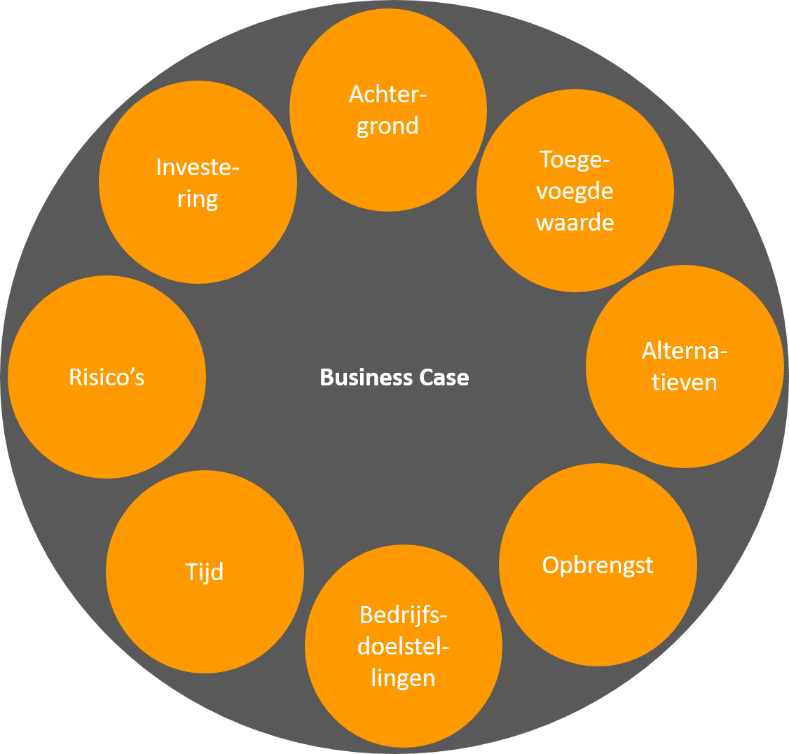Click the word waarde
pyautogui.click(x=575, y=223)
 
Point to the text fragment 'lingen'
pyautogui.click(x=403, y=678)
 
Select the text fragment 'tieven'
pyautogui.click(x=685, y=383)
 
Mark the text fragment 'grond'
pyautogui.click(x=387, y=127)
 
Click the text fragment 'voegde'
pyautogui.click(x=575, y=191)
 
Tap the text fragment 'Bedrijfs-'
pyautogui.click(x=404, y=615)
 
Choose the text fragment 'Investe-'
pyautogui.click(x=198, y=167)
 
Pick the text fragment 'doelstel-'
pyautogui.click(x=404, y=647)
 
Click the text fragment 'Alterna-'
pyautogui.click(x=685, y=351)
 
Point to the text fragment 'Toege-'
pyautogui.click(x=575, y=160)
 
